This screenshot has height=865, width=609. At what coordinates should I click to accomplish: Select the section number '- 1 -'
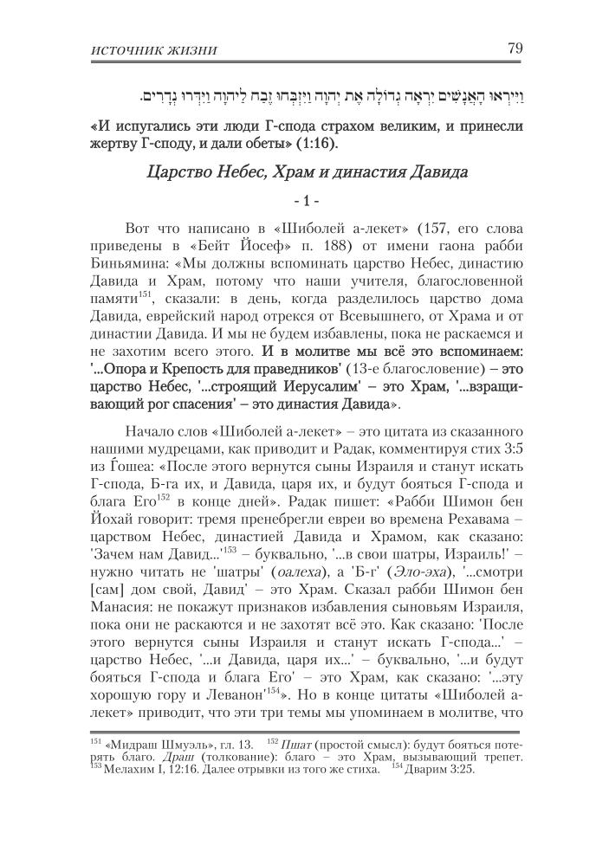point(306,202)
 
